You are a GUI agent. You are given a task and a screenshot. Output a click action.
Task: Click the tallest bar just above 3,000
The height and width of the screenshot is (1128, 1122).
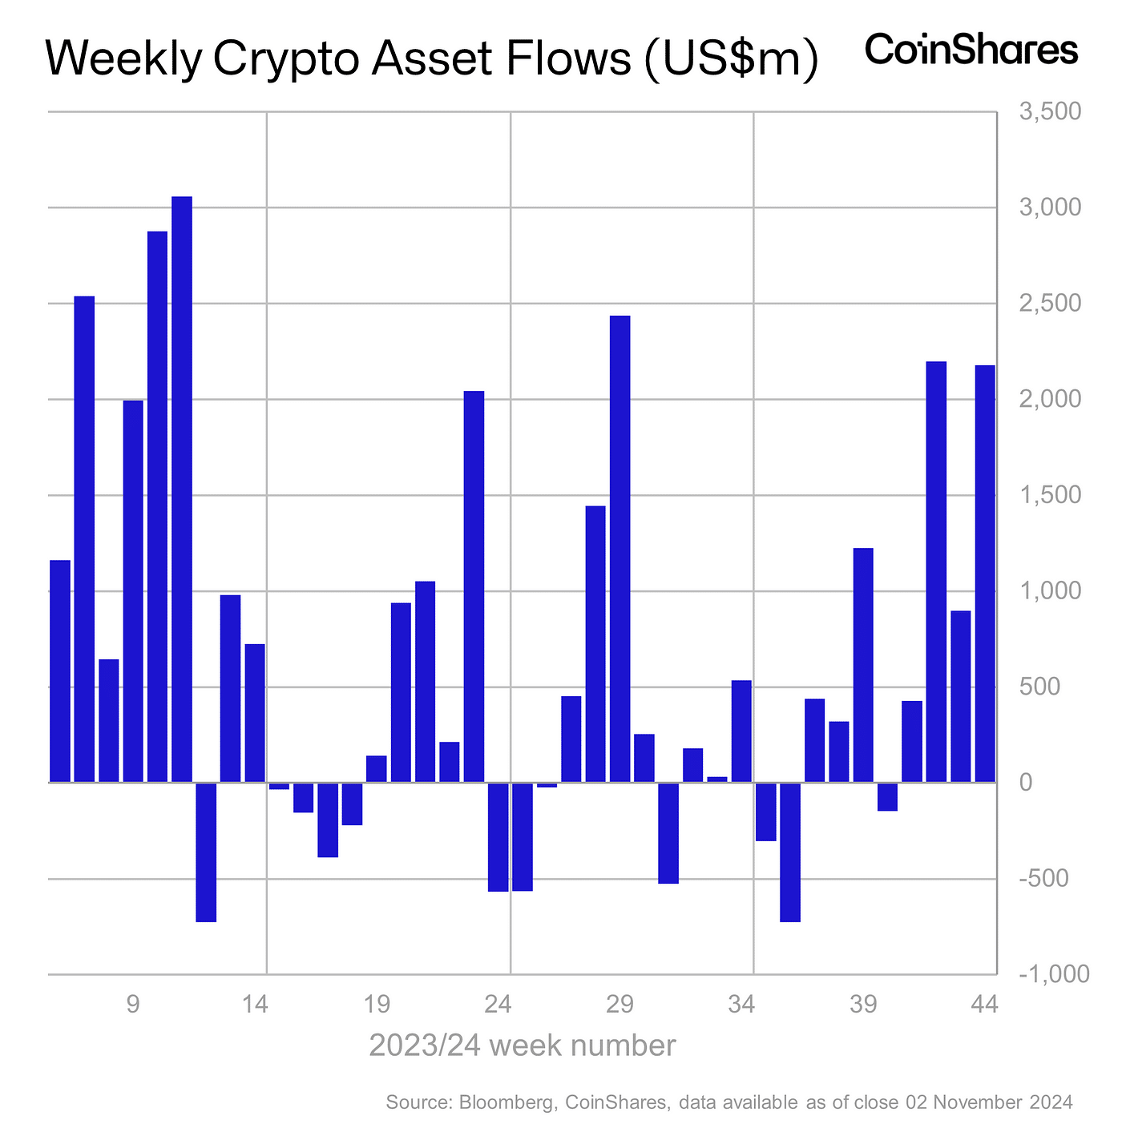click(182, 489)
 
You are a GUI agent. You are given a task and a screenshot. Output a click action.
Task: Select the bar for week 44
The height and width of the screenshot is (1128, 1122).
click(985, 574)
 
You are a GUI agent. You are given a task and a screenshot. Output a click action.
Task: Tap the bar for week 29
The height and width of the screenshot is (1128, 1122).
click(620, 549)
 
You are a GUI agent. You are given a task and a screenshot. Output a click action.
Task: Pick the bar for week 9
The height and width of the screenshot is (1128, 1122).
click(133, 591)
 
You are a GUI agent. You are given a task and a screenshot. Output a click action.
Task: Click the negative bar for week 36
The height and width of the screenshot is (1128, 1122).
click(790, 852)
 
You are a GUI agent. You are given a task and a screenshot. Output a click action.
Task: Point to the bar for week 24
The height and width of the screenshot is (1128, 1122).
click(498, 836)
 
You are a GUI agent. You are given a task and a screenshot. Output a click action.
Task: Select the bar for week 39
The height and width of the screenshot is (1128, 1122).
click(863, 665)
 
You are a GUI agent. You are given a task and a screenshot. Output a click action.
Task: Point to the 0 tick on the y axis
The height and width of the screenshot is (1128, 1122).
click(1025, 783)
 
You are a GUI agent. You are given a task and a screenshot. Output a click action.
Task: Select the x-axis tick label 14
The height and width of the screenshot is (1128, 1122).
click(255, 1003)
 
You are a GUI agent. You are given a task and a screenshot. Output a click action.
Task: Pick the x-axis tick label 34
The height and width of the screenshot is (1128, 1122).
click(742, 1003)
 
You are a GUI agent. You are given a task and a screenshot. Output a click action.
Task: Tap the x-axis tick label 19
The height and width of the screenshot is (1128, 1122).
click(377, 1003)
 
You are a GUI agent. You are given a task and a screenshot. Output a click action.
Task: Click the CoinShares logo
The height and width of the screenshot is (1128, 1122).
click(971, 50)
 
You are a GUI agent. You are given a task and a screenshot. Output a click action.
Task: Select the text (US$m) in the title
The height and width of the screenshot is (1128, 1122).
click(729, 60)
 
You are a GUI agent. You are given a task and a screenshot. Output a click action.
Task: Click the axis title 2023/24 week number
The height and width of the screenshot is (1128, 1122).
click(522, 1045)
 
